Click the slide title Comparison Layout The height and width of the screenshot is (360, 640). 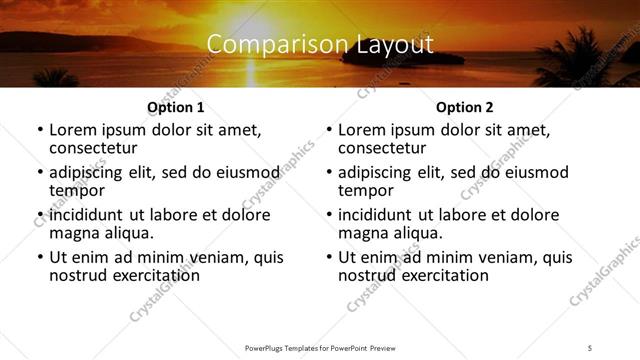320,45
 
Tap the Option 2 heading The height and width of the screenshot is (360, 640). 464,107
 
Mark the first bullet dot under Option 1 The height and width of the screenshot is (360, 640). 39,130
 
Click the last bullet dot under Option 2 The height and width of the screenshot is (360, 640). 328,258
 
